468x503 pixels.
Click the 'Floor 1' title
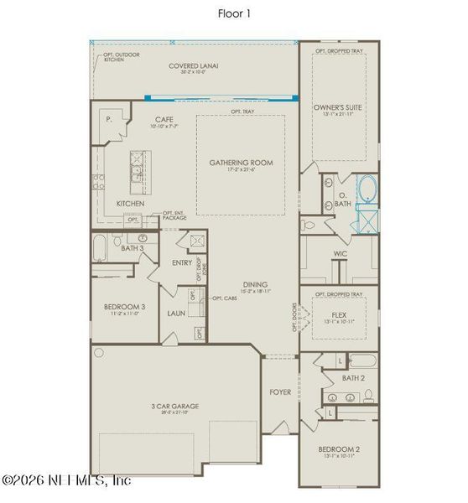click(x=234, y=13)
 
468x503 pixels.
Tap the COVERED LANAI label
click(x=194, y=65)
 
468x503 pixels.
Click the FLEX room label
click(x=339, y=315)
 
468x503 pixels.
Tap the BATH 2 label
click(x=352, y=378)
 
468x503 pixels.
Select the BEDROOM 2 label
click(x=339, y=450)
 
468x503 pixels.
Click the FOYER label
click(x=279, y=392)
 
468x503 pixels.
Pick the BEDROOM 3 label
click(x=124, y=307)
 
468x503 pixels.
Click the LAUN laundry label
click(x=176, y=314)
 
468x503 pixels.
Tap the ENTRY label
click(x=182, y=262)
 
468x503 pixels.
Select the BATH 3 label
click(x=132, y=249)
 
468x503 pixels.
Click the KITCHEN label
click(x=130, y=204)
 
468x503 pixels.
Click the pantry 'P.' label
click(x=108, y=120)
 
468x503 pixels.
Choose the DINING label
click(x=256, y=284)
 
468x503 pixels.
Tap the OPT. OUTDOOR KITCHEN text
click(x=115, y=55)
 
